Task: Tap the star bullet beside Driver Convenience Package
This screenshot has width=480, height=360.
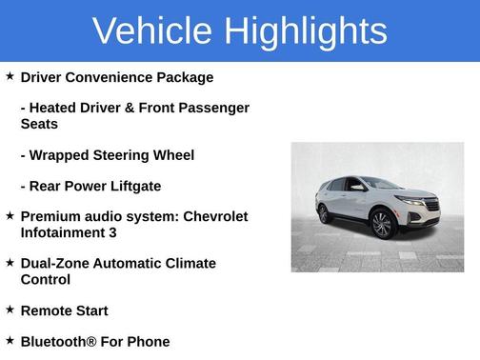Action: point(10,76)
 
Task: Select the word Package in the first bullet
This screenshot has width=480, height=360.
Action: point(184,77)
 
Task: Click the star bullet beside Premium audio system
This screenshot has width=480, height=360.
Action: point(10,215)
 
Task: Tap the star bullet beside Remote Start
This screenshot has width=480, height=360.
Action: point(10,310)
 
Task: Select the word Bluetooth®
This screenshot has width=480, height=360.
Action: point(61,341)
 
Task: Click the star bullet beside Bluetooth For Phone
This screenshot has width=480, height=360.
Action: point(10,340)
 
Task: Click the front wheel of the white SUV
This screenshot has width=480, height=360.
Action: point(383,225)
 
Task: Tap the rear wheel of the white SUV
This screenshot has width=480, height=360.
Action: point(325,213)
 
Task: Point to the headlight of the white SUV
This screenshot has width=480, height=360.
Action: point(411,202)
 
